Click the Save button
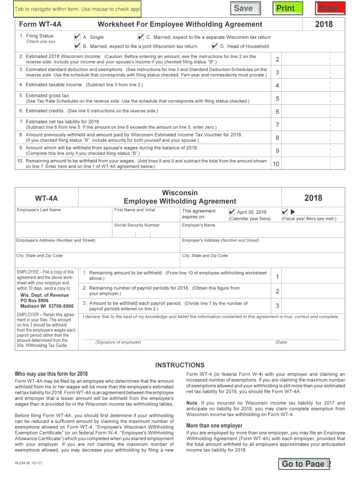coord(244,8)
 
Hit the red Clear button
coord(330,8)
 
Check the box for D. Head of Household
coord(215,46)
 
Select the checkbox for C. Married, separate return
coord(140,37)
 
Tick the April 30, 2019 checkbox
coord(232,211)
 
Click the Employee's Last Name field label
coord(38,210)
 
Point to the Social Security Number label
coord(137,225)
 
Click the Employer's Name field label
coord(198,225)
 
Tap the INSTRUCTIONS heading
coord(180,365)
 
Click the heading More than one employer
coord(214,426)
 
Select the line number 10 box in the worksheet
coord(276,164)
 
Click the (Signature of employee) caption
coord(118,342)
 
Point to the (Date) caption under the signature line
coord(281,342)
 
